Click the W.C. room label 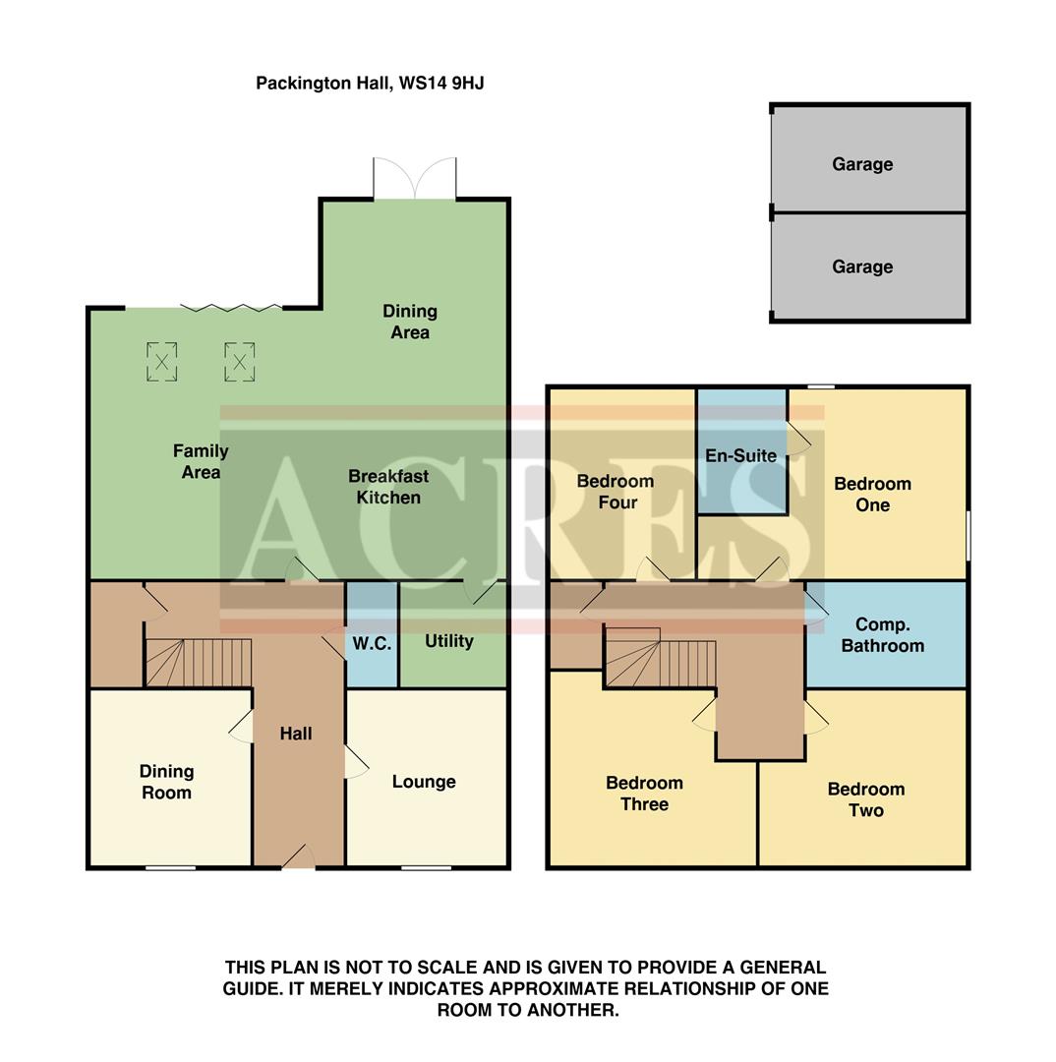coord(372,644)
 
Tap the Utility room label coord(449,641)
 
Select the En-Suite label coord(740,455)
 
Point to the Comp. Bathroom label coord(882,635)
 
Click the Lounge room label coord(424,782)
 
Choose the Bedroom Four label coord(616,492)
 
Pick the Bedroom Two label coord(866,799)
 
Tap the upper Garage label coord(862,164)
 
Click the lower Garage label coord(862,266)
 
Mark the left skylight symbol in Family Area coord(162,361)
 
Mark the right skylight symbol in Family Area coord(239,361)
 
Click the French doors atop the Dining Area coord(415,179)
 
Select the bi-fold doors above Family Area coord(231,308)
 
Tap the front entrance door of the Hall coord(299,858)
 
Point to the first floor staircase coord(659,659)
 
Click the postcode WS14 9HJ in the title coord(440,84)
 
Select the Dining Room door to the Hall coord(242,726)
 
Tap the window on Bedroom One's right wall coord(968,535)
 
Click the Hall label coord(296,734)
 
